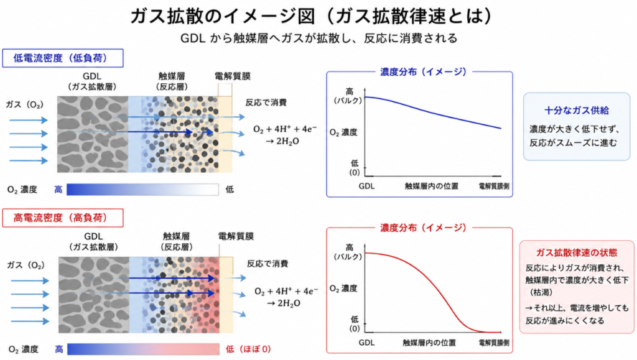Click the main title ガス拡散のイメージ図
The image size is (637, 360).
(222, 16)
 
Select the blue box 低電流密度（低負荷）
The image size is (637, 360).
(63, 58)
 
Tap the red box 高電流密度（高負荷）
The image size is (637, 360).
(63, 218)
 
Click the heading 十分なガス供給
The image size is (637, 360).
(577, 111)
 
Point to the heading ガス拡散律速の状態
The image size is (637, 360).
(577, 253)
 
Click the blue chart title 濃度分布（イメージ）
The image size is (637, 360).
(423, 72)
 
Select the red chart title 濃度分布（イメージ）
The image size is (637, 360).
(423, 228)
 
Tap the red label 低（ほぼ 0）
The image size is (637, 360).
(248, 349)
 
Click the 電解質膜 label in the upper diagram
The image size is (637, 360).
(233, 76)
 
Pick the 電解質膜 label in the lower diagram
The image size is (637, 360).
(236, 236)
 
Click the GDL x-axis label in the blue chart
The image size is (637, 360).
(366, 187)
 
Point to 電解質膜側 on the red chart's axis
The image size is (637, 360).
(493, 343)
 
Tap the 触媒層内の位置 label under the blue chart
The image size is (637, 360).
(432, 187)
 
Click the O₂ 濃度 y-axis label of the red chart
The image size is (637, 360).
(343, 288)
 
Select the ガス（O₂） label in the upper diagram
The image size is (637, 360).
(24, 104)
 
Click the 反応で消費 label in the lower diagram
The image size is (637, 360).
(267, 264)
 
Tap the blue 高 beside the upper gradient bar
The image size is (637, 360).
(58, 190)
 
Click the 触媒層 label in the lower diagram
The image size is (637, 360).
(176, 236)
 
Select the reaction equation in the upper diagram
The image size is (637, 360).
(284, 135)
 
